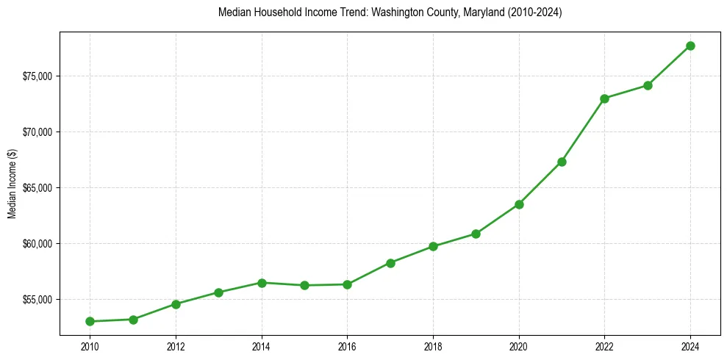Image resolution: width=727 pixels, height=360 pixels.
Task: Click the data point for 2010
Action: coord(90,321)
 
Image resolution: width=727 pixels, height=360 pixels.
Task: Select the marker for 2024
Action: coord(691,46)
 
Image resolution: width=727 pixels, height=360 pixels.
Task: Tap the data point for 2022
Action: coord(605,98)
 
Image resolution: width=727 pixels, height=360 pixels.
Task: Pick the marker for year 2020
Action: coord(519,204)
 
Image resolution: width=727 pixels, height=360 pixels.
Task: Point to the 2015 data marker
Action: coord(304,285)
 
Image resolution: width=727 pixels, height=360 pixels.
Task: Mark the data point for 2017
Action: coord(390,263)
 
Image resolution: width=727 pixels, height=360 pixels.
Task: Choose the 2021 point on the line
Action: coord(562,162)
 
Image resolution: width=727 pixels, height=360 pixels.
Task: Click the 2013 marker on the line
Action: coord(218,292)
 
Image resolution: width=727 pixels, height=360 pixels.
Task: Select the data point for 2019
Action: coord(476,234)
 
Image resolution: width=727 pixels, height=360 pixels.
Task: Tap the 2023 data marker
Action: coord(648,85)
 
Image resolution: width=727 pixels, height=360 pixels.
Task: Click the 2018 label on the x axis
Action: coord(433,346)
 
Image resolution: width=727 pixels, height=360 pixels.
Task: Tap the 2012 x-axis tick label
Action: coord(176,346)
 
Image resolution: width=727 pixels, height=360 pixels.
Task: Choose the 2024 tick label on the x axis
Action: coord(691,346)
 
